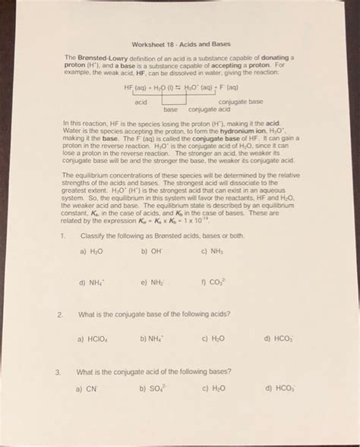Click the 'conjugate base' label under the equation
coord(240,101)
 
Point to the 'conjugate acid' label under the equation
coord(209,109)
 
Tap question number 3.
coord(60,372)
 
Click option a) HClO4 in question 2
coord(91,339)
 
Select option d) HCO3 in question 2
coord(278,339)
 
